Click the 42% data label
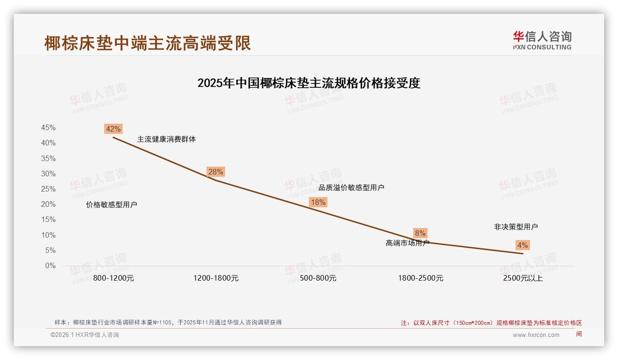click(x=113, y=129)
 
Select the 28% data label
click(x=215, y=172)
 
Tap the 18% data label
click(x=318, y=202)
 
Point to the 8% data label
click(x=420, y=233)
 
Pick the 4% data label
click(x=523, y=245)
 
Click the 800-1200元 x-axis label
click(x=113, y=278)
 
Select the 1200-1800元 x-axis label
click(x=216, y=278)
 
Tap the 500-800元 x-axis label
click(x=318, y=278)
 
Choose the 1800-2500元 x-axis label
click(x=421, y=278)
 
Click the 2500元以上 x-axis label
click(x=523, y=278)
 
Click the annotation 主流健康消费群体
click(x=166, y=139)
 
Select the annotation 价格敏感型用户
click(x=112, y=205)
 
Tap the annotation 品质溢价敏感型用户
click(x=351, y=187)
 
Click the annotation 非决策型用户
click(x=516, y=227)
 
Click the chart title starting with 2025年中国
click(x=309, y=83)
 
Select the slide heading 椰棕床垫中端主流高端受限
click(x=148, y=43)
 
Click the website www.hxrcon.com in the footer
click(x=536, y=335)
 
